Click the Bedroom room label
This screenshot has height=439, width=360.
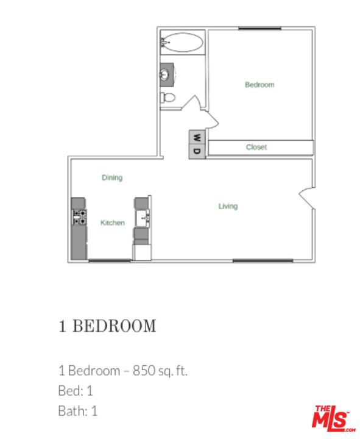click(259, 85)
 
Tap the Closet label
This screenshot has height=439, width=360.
click(256, 147)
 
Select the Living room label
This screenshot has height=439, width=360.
click(228, 206)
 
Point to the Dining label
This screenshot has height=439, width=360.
click(112, 177)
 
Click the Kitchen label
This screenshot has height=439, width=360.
click(113, 223)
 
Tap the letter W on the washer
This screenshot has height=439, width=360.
click(197, 137)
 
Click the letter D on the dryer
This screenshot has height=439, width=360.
click(197, 151)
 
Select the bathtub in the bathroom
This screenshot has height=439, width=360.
click(182, 43)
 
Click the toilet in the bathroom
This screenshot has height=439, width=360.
click(168, 97)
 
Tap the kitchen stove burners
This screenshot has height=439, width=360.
click(79, 216)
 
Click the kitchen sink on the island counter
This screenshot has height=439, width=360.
click(143, 217)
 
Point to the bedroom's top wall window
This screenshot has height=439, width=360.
click(259, 28)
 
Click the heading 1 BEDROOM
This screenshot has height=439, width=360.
click(107, 326)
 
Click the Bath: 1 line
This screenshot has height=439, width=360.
click(78, 411)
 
